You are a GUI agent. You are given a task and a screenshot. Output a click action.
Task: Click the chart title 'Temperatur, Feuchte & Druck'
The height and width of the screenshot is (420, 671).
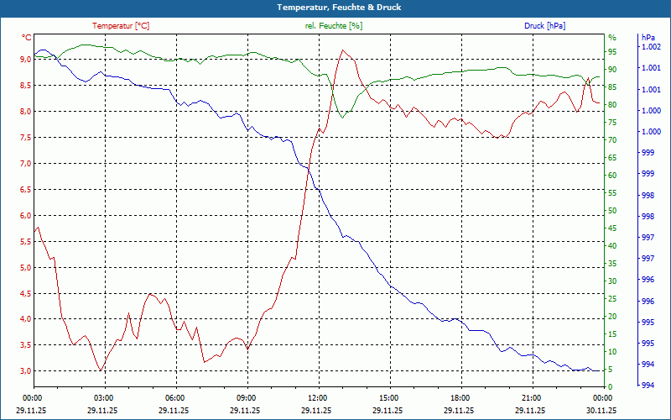[x=335, y=8]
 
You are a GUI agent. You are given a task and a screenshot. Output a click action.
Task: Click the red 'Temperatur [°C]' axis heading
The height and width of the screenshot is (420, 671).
[x=122, y=26]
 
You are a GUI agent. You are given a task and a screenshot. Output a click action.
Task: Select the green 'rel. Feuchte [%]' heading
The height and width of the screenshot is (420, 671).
[x=334, y=26]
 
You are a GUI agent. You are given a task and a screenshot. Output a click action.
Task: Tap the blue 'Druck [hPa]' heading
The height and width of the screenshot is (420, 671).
[x=544, y=26]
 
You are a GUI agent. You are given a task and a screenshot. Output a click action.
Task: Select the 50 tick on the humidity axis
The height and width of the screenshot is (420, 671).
[x=612, y=210]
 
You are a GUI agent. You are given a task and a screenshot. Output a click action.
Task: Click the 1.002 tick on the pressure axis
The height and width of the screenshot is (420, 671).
[x=651, y=47]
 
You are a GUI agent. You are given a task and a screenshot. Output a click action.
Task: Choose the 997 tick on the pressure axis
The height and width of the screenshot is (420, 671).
[x=648, y=238]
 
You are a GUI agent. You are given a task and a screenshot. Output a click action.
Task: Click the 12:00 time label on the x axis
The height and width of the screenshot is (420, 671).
[x=317, y=398]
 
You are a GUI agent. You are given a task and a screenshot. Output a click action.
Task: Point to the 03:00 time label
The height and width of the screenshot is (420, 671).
[x=104, y=398]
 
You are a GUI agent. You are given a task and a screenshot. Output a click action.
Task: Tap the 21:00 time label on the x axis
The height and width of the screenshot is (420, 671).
[x=530, y=398]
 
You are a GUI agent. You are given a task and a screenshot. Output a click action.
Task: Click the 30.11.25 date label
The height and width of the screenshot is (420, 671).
[x=601, y=411]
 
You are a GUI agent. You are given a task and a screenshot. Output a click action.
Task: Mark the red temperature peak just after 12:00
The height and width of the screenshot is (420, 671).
[x=341, y=50]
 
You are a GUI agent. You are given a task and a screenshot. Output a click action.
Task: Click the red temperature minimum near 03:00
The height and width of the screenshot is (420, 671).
[x=101, y=370]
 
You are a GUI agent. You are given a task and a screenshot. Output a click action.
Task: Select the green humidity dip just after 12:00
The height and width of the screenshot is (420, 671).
[x=342, y=118]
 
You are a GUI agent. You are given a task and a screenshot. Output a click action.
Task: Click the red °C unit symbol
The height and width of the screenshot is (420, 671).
[x=27, y=38]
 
